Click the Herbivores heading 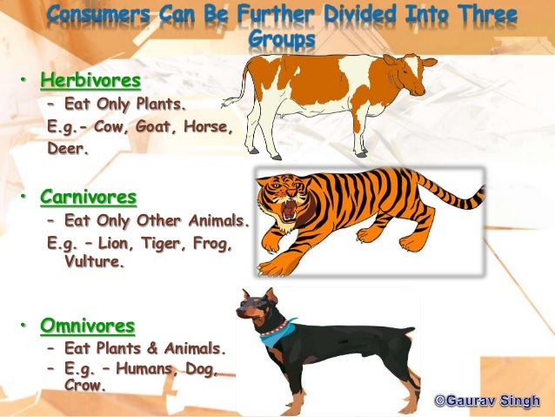point(90,82)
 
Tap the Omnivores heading point(88,326)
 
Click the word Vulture point(95,260)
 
